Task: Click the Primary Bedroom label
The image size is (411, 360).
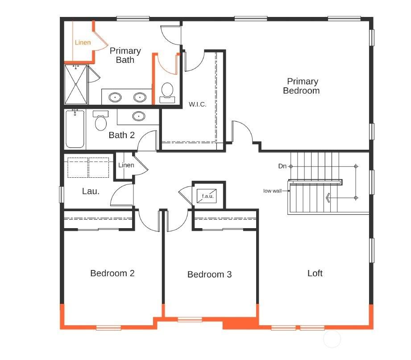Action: point(301,86)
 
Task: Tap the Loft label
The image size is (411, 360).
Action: point(315,273)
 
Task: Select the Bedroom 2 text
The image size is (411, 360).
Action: point(112,273)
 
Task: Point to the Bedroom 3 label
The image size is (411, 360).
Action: point(209,274)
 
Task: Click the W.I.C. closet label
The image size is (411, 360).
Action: point(197,104)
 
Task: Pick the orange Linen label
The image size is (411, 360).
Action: point(83,42)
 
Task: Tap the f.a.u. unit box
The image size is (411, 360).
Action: point(207,196)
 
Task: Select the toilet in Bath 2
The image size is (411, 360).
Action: point(101,120)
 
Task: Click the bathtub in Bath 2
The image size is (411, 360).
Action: point(75,129)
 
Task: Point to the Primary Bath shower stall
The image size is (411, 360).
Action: point(76,84)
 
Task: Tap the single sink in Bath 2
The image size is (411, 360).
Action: point(139,116)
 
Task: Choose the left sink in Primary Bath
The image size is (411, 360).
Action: point(115,97)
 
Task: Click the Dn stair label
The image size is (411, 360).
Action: point(282,166)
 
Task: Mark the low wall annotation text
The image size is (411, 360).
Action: point(272,191)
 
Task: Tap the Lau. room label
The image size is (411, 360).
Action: point(91,191)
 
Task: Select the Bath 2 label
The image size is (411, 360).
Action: point(122,135)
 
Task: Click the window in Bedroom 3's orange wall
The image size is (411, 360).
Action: point(190,319)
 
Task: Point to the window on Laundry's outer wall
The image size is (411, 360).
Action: point(61,194)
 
